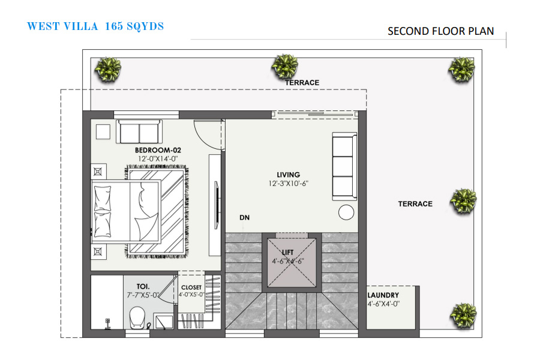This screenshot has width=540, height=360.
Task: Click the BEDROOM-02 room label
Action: tap(158, 150)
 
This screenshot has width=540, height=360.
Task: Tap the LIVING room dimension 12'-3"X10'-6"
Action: tap(288, 184)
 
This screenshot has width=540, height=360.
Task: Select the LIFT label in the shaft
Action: tap(287, 253)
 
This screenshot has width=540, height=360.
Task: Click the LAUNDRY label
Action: tap(383, 295)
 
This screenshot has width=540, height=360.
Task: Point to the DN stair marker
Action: tap(245, 217)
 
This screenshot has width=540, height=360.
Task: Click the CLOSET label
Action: tap(191, 287)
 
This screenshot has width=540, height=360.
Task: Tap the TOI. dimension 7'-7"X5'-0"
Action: tap(143, 295)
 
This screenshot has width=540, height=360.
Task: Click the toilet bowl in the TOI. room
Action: tap(137, 317)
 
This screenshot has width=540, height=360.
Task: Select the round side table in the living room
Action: tap(346, 212)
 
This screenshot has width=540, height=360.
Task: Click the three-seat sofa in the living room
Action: tap(344, 166)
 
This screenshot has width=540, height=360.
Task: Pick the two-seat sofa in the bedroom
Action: tap(139, 131)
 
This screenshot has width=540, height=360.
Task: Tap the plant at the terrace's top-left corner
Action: tap(108, 70)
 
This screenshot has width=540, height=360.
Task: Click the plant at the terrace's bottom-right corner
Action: tap(464, 315)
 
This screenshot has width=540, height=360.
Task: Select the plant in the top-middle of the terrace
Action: tap(285, 67)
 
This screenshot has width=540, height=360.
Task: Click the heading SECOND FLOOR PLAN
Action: tap(441, 31)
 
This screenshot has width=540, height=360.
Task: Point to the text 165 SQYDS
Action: tap(134, 26)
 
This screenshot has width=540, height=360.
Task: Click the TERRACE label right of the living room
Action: tap(415, 204)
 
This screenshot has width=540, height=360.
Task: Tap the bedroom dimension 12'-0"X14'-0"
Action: tap(158, 159)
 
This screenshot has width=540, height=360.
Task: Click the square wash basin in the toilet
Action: tap(163, 322)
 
